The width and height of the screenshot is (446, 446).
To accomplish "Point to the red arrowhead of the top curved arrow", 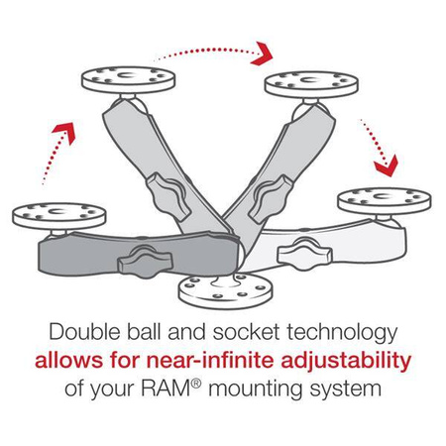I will click(x=264, y=49).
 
